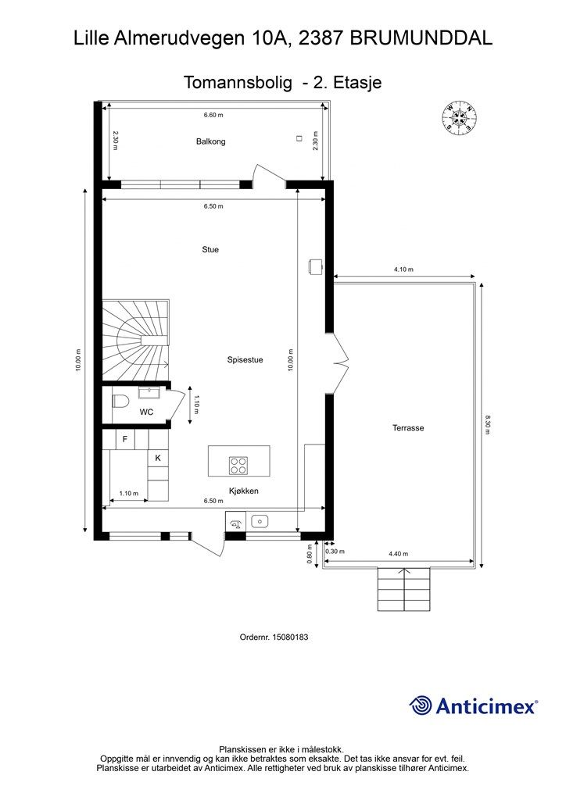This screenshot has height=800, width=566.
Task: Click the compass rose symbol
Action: [x=460, y=118]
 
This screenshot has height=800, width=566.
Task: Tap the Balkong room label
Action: [x=211, y=141]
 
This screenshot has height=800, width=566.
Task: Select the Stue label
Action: [x=210, y=249]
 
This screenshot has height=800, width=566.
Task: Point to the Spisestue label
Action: [x=245, y=359]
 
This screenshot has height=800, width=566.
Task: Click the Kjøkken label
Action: [x=243, y=491]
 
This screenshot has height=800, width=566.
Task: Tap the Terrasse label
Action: [x=408, y=428]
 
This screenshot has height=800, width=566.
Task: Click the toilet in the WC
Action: [x=120, y=402]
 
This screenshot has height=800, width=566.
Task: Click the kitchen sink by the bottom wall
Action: [x=260, y=521]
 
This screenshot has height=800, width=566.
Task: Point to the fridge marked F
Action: [x=125, y=439]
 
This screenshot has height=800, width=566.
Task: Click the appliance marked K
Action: [x=158, y=458]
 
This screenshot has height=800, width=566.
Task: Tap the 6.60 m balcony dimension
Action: [x=213, y=116]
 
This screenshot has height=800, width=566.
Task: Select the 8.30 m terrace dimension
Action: [x=487, y=424]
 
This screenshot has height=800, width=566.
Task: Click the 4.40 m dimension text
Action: [x=398, y=554]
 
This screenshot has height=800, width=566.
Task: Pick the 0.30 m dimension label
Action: [x=335, y=551]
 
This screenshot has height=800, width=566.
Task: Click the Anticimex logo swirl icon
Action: [x=420, y=705]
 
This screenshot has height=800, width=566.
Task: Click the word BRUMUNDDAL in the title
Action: [x=421, y=38]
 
